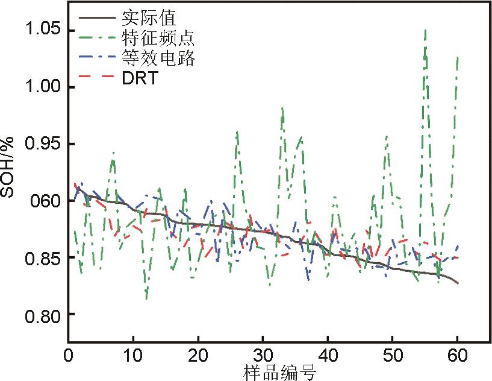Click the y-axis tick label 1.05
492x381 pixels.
42,31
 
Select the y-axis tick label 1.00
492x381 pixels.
42,87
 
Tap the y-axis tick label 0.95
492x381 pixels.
42,144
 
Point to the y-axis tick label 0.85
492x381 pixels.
42,257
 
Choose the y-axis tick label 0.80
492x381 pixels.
42,314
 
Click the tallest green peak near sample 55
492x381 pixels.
426,30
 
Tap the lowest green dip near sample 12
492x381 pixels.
146,298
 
